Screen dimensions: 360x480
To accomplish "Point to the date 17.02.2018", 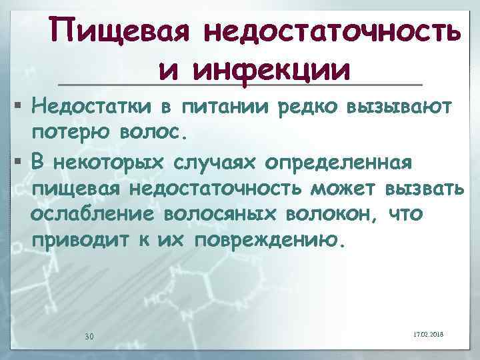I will (434, 333).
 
